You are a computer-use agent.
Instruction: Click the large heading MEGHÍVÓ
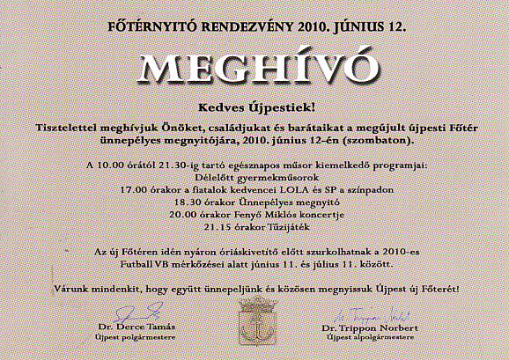(254, 69)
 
